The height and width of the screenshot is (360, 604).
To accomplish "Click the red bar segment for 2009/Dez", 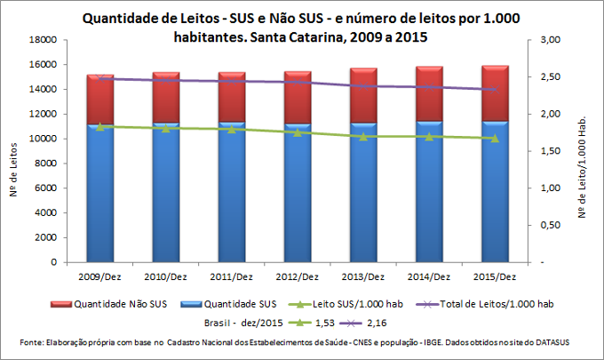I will [99, 100].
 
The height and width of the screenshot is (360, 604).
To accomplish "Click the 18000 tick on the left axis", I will [44, 40].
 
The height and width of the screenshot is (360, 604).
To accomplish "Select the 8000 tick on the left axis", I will [47, 164].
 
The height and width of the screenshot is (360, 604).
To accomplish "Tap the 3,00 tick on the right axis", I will [551, 40].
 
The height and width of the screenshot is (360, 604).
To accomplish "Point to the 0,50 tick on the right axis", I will [551, 226].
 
